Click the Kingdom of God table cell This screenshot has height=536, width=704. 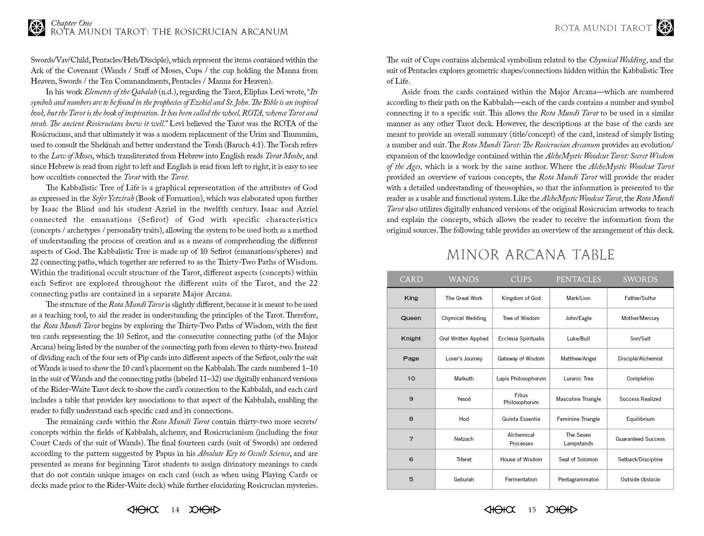pyautogui.click(x=521, y=298)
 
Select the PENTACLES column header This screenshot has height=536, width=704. pyautogui.click(x=578, y=279)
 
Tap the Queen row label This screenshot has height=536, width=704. pyautogui.click(x=411, y=318)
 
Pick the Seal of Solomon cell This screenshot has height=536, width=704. pyautogui.click(x=578, y=459)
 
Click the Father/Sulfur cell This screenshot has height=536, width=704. pyautogui.click(x=640, y=298)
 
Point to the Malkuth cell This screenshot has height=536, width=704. pyautogui.click(x=464, y=378)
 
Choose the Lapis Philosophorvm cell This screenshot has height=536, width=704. pyautogui.click(x=521, y=378)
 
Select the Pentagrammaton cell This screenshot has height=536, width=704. pyautogui.click(x=578, y=479)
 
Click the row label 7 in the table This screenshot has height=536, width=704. pyautogui.click(x=411, y=439)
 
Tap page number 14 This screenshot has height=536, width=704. pyautogui.click(x=175, y=509)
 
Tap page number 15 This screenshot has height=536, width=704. pyautogui.click(x=532, y=509)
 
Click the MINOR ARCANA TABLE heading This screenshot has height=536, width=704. pyautogui.click(x=530, y=255)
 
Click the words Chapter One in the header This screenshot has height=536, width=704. pyautogui.click(x=71, y=23)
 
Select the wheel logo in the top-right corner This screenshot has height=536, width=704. pyautogui.click(x=665, y=28)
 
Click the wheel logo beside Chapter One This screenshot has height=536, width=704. pyautogui.click(x=36, y=27)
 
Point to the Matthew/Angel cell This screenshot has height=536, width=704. pyautogui.click(x=578, y=358)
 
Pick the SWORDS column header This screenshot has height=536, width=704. pyautogui.click(x=640, y=279)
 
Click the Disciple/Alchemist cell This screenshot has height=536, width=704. pyautogui.click(x=640, y=358)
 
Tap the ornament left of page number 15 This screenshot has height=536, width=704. pyautogui.click(x=500, y=509)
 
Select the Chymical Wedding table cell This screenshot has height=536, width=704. pyautogui.click(x=464, y=318)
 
